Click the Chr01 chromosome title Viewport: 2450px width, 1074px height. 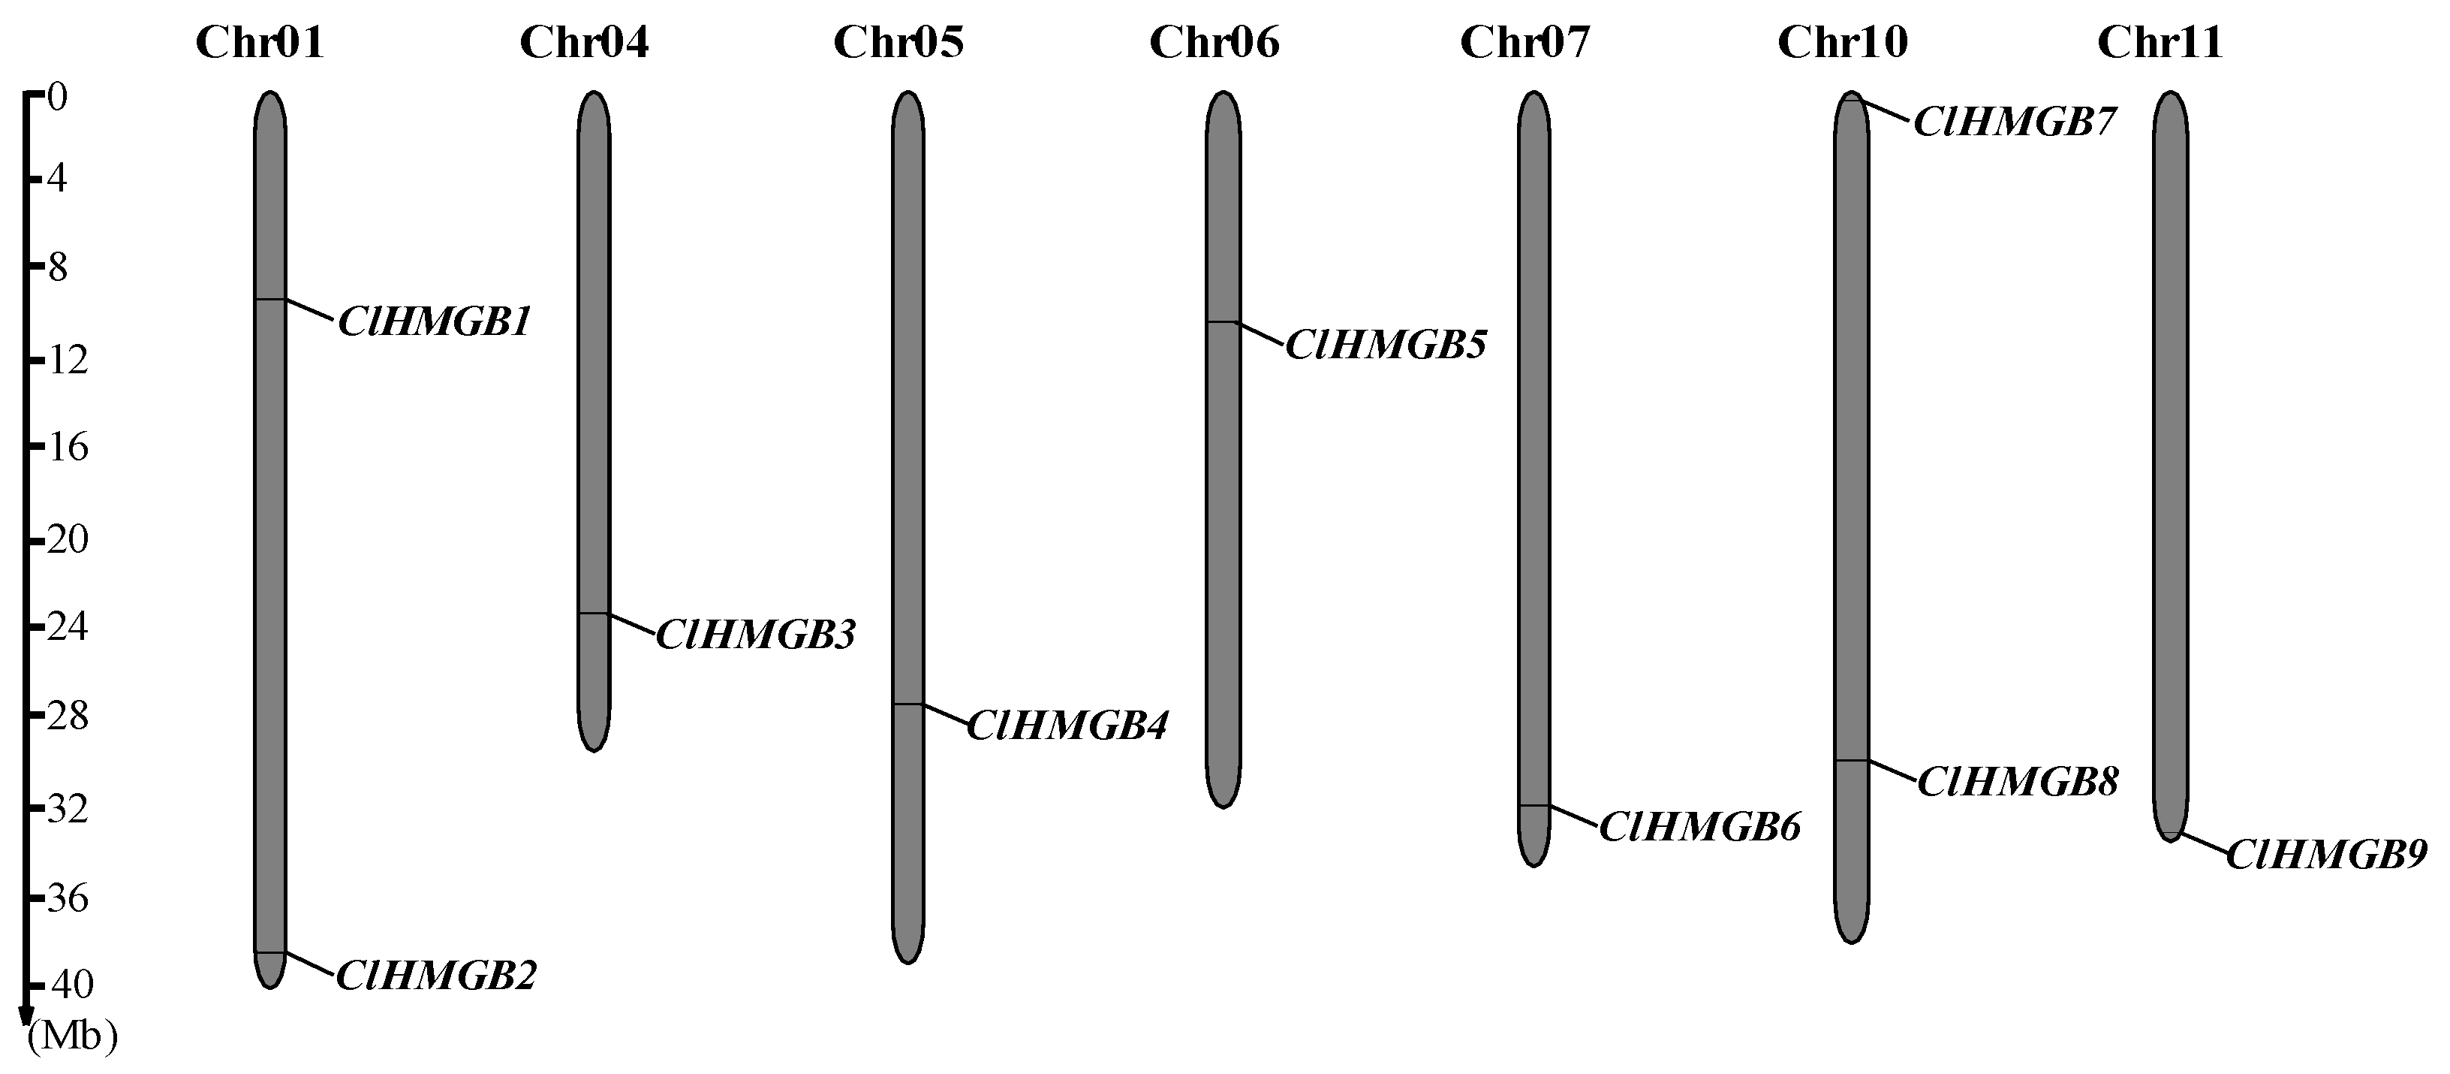tap(260, 43)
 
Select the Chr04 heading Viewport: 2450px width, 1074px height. tap(584, 43)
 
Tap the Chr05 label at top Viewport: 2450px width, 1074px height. tap(898, 43)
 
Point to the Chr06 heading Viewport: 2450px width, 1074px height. tap(1214, 43)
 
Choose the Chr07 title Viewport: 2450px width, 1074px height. tap(1524, 43)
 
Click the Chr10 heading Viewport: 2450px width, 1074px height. tap(1842, 43)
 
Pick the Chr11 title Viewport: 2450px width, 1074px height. tap(2160, 43)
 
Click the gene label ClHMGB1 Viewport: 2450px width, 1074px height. tap(435, 322)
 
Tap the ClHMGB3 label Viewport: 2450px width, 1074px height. tap(756, 635)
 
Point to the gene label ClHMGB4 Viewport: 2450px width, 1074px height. tap(1067, 726)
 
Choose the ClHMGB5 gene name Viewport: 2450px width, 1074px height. tap(1386, 345)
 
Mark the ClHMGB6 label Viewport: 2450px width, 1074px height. tap(1699, 828)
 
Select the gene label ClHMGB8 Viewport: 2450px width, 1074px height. tap(2017, 782)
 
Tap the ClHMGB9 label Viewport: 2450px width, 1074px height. tap(2326, 855)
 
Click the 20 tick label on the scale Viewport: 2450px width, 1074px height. tap(67, 540)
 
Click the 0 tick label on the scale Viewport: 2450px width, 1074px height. tap(57, 97)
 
